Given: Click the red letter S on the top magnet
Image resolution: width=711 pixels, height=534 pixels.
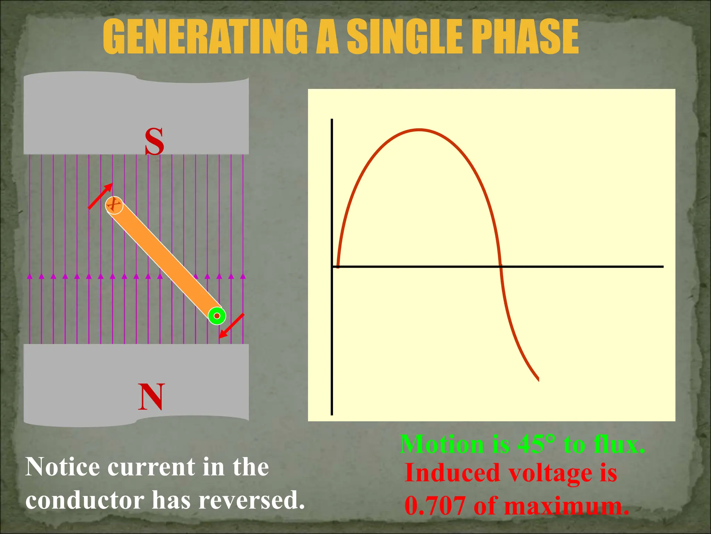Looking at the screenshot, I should [154, 141].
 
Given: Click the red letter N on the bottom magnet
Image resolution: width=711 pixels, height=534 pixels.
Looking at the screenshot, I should [151, 397].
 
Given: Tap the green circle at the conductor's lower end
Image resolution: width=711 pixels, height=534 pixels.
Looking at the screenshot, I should [217, 316].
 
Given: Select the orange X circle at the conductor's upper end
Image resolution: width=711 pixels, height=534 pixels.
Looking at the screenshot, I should [114, 205].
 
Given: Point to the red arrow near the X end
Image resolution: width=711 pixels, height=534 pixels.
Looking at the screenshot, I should [100, 196].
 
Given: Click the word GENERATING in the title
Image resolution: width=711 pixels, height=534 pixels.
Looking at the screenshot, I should [205, 37].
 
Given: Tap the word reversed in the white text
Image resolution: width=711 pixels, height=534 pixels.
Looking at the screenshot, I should [250, 501].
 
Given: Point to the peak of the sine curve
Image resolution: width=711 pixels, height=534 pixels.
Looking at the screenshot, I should [419, 130].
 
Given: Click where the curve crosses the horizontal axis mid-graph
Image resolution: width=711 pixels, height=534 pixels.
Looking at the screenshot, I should [500, 266].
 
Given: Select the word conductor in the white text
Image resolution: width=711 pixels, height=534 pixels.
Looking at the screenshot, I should [85, 501].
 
